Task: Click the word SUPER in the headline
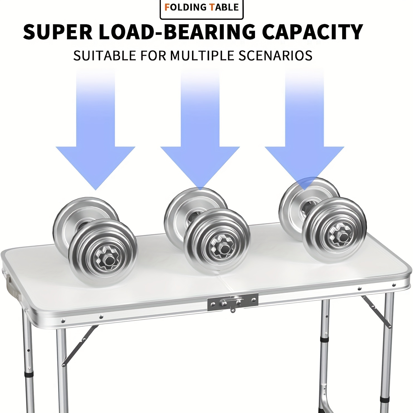point(58,32)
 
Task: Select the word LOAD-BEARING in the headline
point(177,32)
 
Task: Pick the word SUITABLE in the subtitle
point(105,55)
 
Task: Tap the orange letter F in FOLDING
point(167,7)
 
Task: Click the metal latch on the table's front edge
point(233,302)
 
